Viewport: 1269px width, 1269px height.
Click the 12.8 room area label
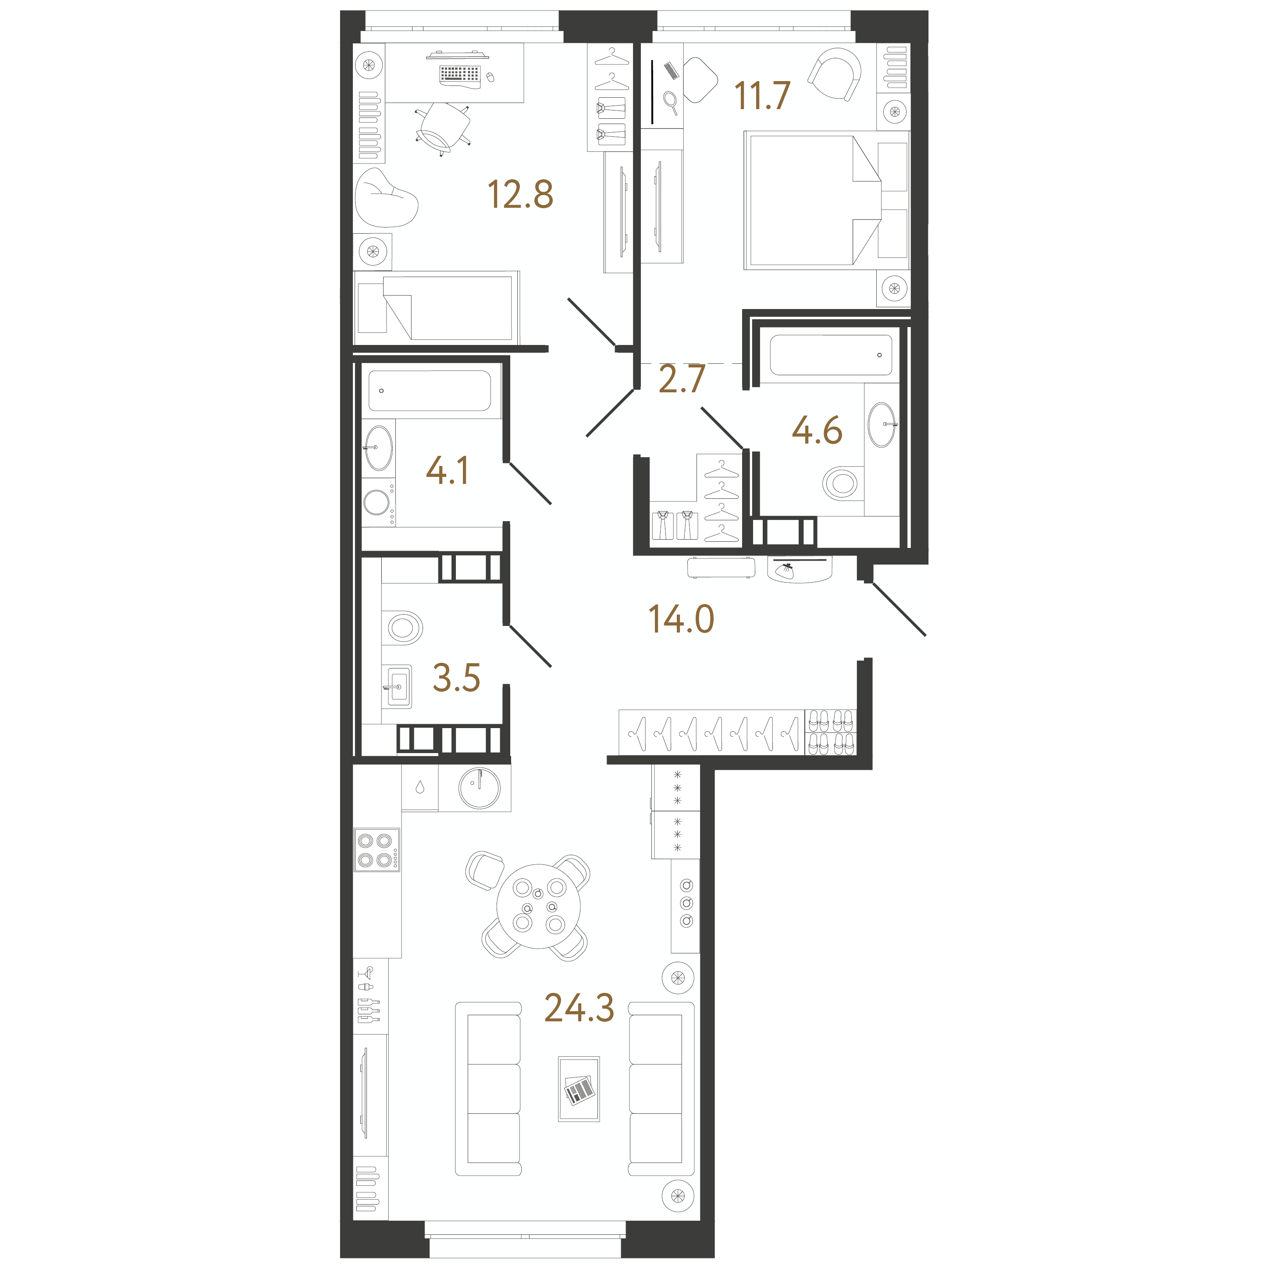pos(520,195)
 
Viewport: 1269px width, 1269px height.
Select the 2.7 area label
pos(682,379)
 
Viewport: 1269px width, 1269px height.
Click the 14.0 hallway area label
pos(681,619)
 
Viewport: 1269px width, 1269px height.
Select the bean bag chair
pos(386,198)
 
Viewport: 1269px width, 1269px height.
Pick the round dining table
pos(539,906)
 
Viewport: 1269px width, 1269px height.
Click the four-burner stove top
pos(377,850)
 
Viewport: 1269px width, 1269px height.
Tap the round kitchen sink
pos(480,788)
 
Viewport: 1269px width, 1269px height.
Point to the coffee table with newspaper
pos(579,1089)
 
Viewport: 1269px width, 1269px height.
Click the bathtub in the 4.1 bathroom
pos(430,391)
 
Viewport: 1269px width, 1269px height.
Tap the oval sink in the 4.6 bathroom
pos(882,425)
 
